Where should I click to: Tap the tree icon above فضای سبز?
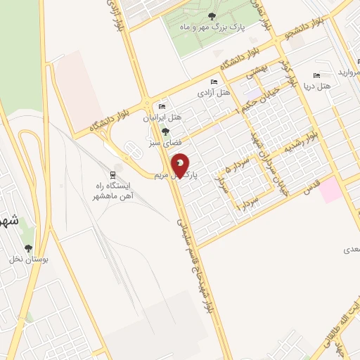(165, 131)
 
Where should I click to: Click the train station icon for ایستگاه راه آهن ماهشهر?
(112, 174)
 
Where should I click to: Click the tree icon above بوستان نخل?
(28, 248)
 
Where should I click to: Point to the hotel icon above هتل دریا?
(316, 75)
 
